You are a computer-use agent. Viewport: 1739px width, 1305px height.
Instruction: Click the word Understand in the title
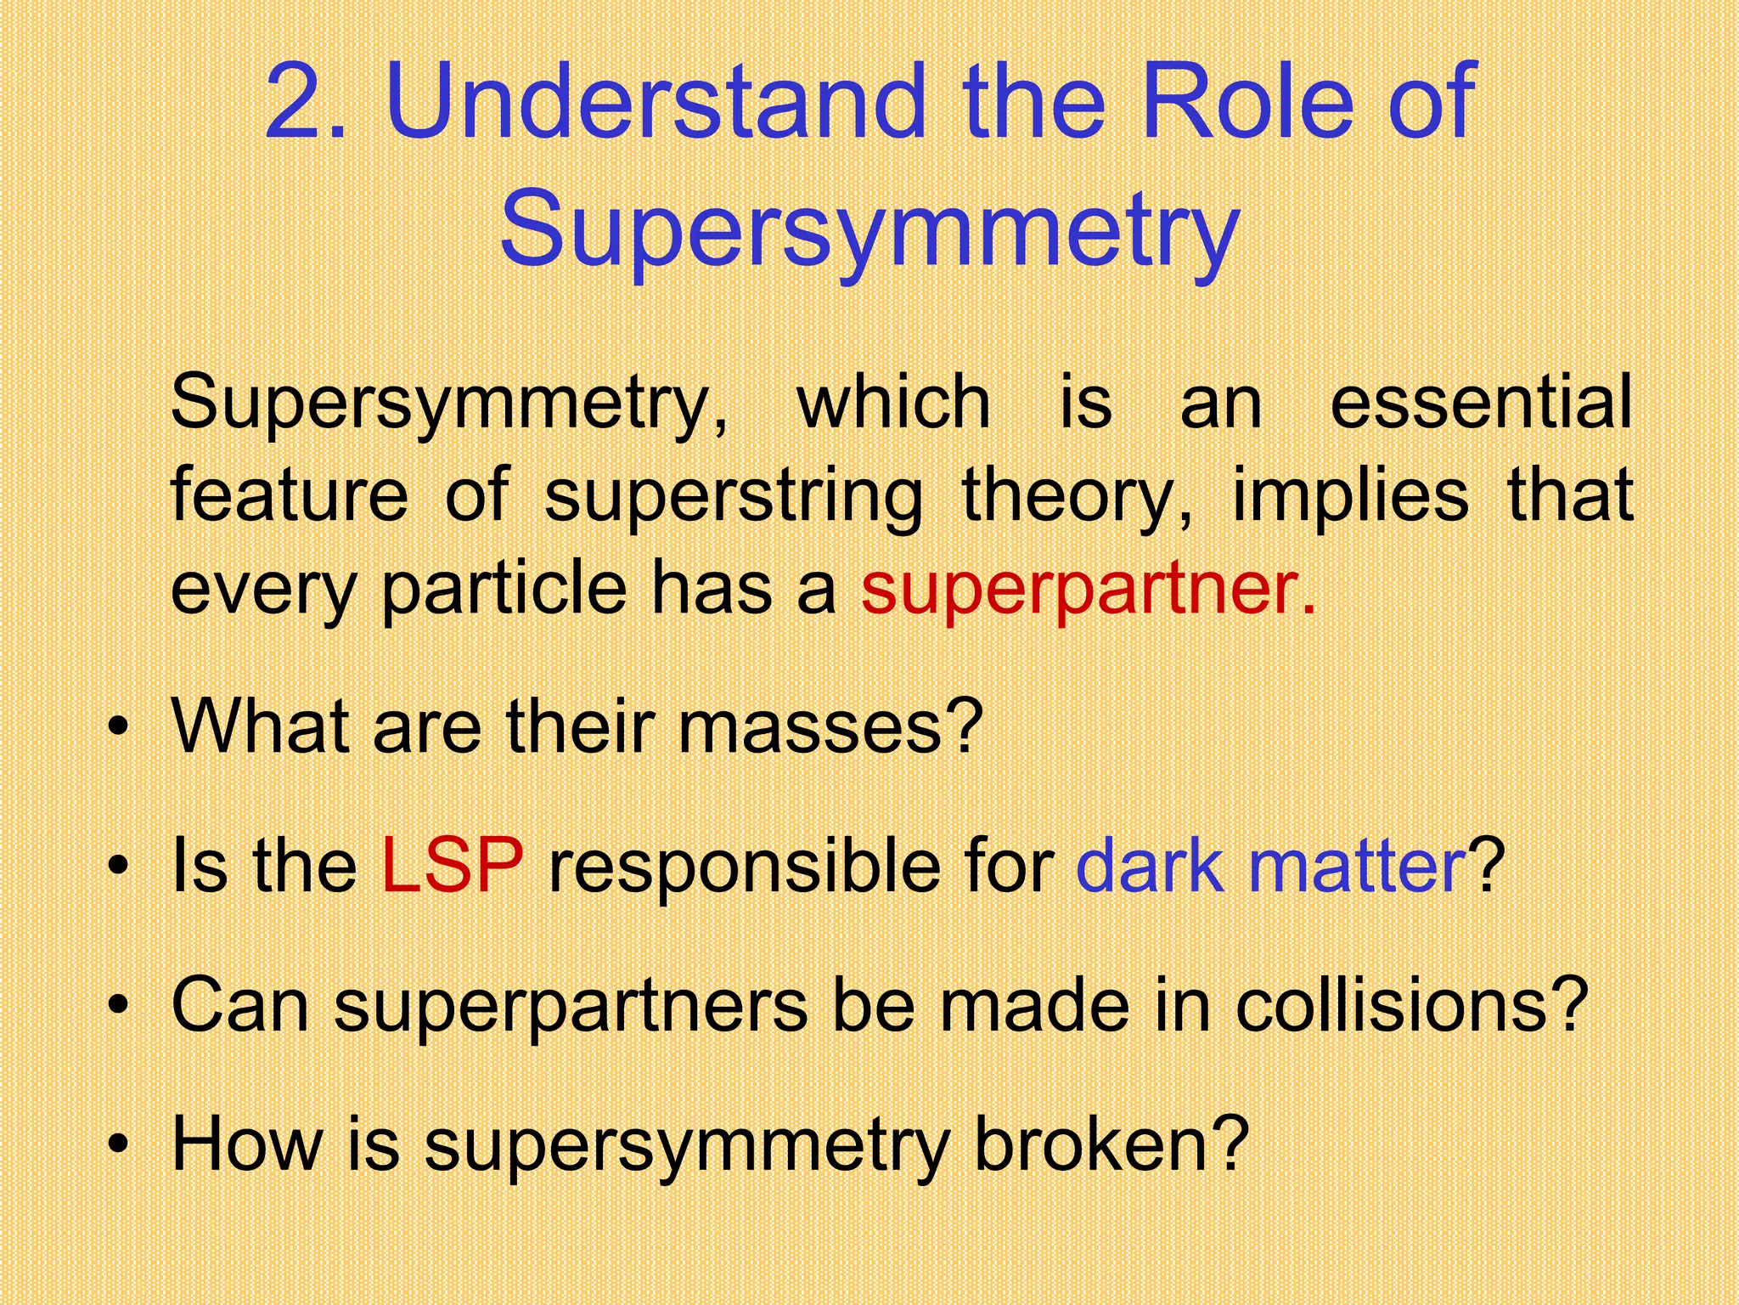[x=654, y=103]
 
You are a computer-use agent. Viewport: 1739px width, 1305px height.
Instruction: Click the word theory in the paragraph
[x=1074, y=496]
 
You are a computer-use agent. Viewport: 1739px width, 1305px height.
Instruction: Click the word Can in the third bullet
[x=239, y=1005]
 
